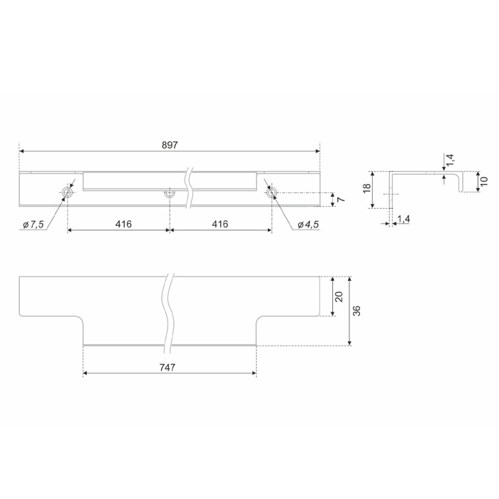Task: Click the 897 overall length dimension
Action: [x=170, y=145]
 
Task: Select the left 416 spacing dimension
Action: [x=123, y=224]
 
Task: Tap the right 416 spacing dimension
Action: [x=220, y=224]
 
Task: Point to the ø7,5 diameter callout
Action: [x=33, y=225]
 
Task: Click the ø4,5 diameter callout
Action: [x=308, y=225]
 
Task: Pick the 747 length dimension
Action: [x=168, y=368]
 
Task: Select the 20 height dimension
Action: [x=339, y=297]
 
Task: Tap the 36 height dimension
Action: [x=356, y=311]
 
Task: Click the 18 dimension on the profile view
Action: [x=367, y=187]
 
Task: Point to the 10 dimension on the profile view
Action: [x=484, y=181]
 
